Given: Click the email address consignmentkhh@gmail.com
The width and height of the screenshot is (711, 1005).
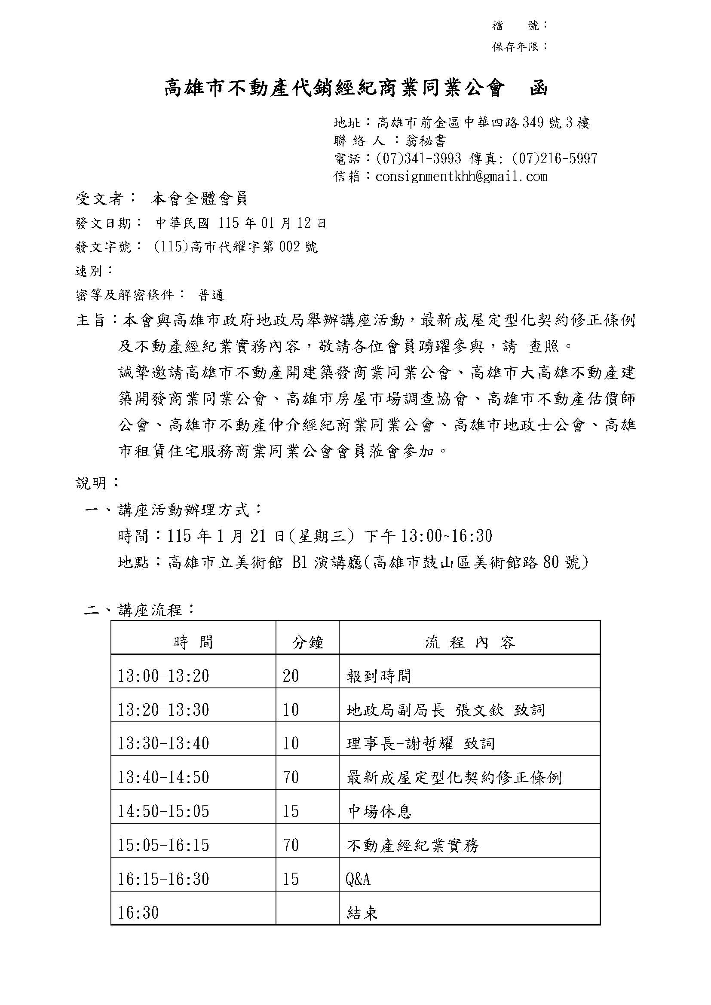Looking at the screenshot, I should pyautogui.click(x=461, y=177).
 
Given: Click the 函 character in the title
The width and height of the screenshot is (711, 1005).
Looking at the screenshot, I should pyautogui.click(x=539, y=89).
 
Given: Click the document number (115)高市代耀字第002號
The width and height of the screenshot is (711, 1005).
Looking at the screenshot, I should pyautogui.click(x=236, y=247).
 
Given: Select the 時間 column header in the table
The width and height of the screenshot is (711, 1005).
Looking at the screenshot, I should pyautogui.click(x=193, y=642).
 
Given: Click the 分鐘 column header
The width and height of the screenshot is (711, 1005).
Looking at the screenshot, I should pyautogui.click(x=307, y=642).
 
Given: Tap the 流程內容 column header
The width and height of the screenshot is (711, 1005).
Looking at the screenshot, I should pyautogui.click(x=469, y=642).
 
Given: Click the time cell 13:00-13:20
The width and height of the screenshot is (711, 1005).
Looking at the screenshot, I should pyautogui.click(x=163, y=676).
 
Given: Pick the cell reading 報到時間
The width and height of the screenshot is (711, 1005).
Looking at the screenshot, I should pyautogui.click(x=379, y=676).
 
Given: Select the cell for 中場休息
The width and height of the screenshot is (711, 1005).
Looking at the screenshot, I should pyautogui.click(x=380, y=812).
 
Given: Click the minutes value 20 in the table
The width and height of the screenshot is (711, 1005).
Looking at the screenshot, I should pyautogui.click(x=291, y=676).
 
